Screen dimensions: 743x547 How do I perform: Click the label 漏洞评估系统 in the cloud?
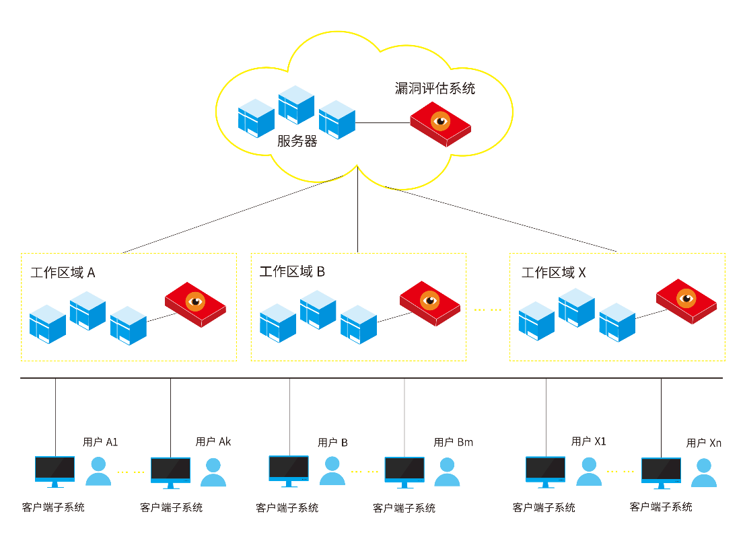click(x=435, y=89)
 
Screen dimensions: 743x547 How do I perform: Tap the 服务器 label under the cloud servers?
click(x=297, y=141)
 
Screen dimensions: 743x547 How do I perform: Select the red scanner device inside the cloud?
click(x=440, y=124)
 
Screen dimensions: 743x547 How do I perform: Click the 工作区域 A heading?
click(x=63, y=272)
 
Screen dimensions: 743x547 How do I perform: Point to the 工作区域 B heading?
click(x=292, y=271)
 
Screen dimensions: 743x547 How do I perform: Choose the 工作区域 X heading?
click(x=553, y=272)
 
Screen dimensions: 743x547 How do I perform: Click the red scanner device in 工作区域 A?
click(x=195, y=305)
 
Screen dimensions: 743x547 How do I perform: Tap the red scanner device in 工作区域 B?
click(x=430, y=303)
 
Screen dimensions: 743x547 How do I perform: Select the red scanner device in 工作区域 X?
click(x=686, y=301)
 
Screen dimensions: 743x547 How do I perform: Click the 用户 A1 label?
click(x=100, y=442)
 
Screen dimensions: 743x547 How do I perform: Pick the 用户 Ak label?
click(x=213, y=441)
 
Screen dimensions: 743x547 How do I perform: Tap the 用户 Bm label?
click(x=453, y=442)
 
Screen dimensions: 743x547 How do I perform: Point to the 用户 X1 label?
click(x=588, y=441)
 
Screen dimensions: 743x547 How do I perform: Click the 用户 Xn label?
click(x=704, y=443)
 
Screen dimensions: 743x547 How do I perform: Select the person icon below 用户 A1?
click(x=98, y=471)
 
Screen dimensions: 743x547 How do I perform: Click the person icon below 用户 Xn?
click(x=704, y=472)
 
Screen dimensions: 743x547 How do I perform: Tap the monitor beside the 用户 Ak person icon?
click(x=170, y=472)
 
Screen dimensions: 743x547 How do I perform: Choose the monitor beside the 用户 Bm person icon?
click(x=404, y=472)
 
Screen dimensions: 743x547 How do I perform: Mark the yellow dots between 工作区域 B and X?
click(x=487, y=309)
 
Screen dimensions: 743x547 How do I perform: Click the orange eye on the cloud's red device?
click(x=440, y=121)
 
